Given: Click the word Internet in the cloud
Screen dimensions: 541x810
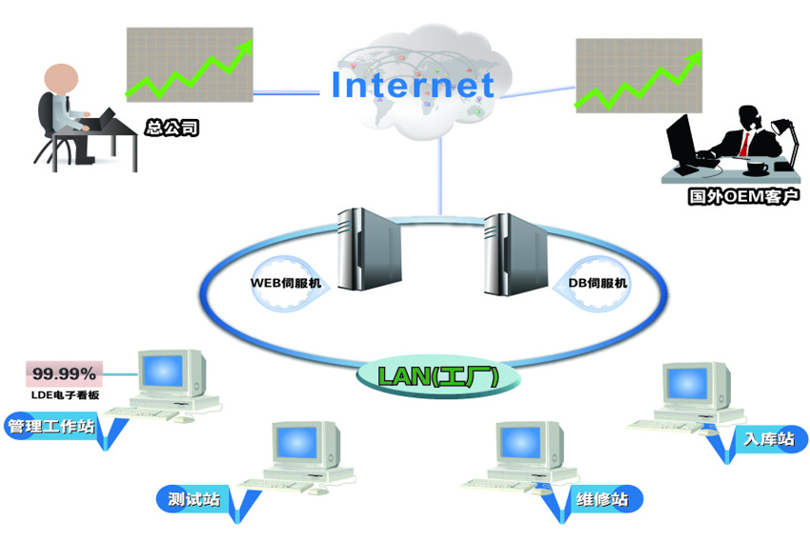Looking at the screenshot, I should click(x=412, y=85).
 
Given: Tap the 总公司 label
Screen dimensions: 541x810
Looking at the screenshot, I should click(x=172, y=127).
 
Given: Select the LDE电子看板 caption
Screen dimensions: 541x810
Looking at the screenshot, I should click(x=64, y=394).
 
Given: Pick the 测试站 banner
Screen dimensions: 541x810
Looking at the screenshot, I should click(x=194, y=498).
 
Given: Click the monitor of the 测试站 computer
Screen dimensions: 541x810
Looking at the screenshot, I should click(x=302, y=443).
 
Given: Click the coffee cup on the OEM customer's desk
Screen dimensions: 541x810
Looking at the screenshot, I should click(x=758, y=169).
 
